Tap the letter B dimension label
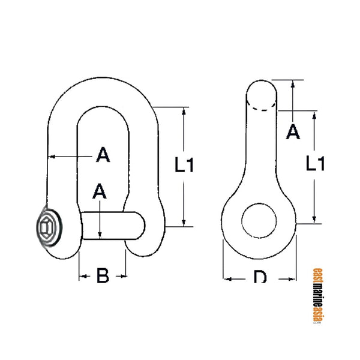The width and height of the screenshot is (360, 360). pos(103,277)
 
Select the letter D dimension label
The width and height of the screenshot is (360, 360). pos(260,278)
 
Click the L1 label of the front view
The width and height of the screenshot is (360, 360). pos(185,164)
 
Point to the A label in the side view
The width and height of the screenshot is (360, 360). pos(293,132)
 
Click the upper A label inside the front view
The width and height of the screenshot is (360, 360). pos(103,156)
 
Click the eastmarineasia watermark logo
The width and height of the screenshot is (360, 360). pos(317,295)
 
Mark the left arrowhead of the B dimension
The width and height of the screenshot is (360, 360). pos(82,277)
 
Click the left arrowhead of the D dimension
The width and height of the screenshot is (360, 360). pos(227,278)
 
